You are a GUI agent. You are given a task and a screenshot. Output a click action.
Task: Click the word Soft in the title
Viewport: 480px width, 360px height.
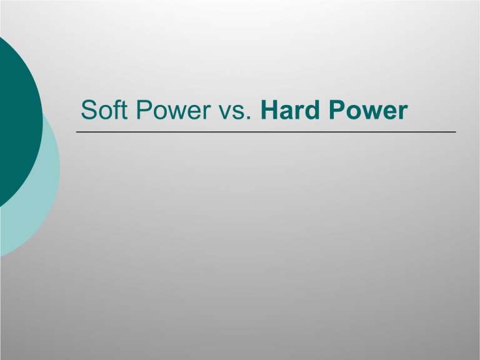point(104,109)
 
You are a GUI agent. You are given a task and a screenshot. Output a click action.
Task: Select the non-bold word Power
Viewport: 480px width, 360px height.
point(173,109)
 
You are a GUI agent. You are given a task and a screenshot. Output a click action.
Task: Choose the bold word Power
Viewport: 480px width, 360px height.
point(368,109)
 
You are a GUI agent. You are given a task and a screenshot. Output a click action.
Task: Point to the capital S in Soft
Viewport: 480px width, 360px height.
point(89,109)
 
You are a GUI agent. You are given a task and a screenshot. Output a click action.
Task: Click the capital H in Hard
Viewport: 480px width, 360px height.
point(269,109)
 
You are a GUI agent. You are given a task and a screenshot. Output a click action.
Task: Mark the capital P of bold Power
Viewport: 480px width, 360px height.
point(337,109)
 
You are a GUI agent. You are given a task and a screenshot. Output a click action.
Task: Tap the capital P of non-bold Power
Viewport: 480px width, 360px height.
point(144,109)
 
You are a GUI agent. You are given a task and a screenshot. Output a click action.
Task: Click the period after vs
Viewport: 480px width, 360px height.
point(250,118)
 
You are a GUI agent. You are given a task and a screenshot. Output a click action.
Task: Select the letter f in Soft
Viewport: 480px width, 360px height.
point(117,109)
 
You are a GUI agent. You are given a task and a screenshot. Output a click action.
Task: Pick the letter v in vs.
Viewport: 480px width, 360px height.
point(225,112)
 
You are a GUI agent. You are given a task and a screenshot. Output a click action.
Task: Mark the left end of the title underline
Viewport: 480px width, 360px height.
point(76,132)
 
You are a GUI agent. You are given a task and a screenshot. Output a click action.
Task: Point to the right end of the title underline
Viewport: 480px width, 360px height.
point(456,132)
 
